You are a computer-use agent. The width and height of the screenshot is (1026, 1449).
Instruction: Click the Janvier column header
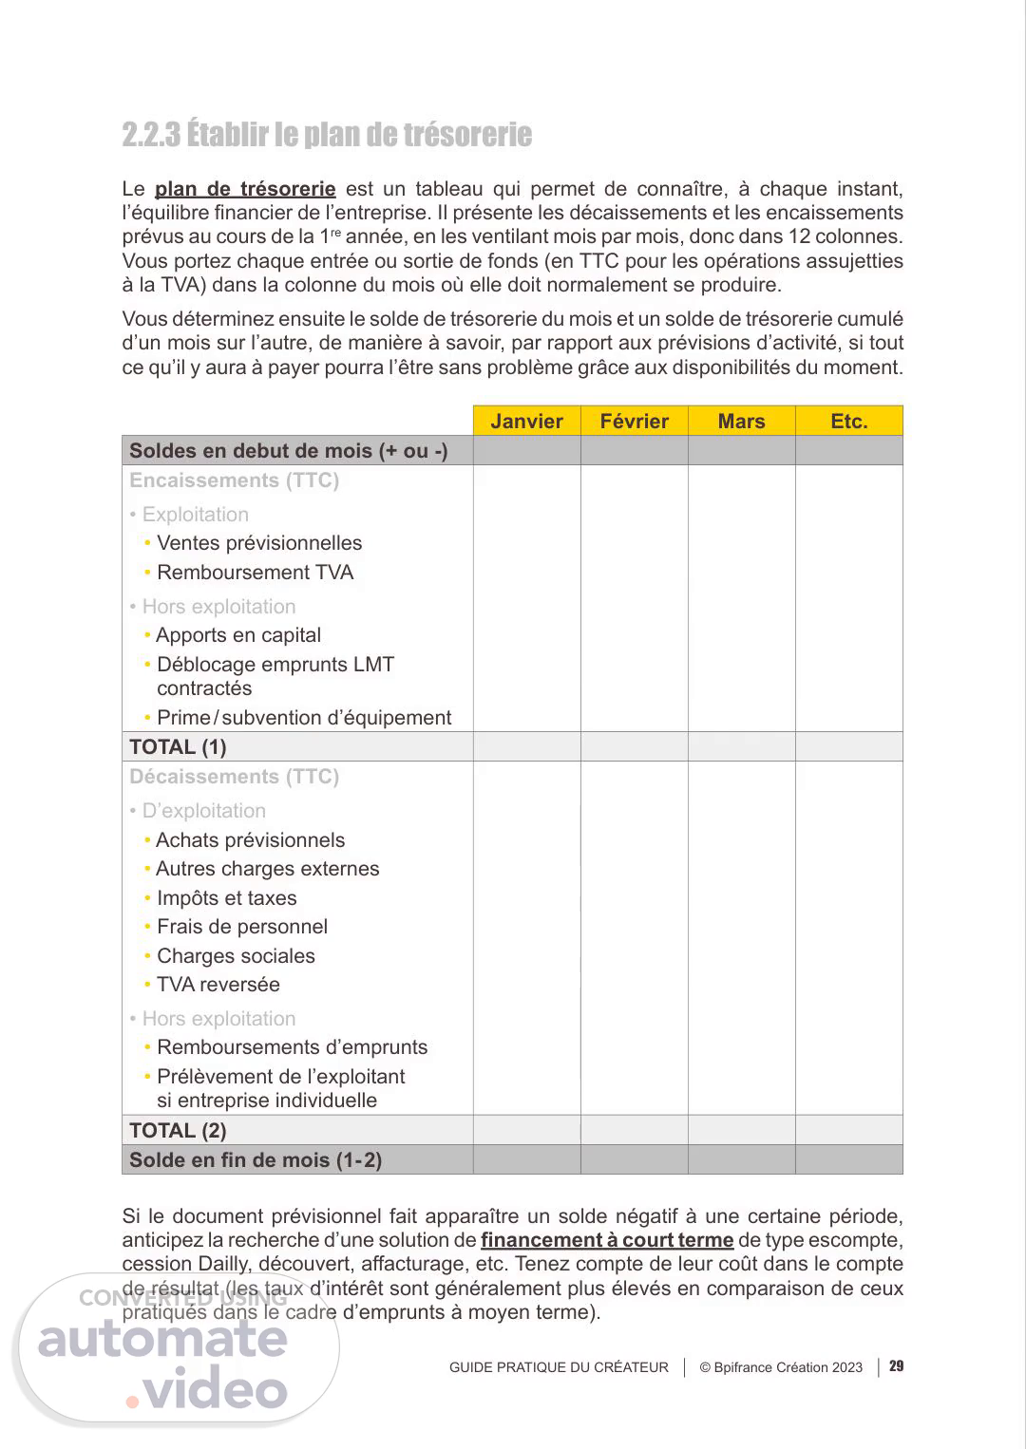(526, 421)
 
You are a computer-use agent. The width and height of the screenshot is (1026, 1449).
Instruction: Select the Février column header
(634, 421)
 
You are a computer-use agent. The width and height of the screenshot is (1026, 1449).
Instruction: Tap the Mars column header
(741, 421)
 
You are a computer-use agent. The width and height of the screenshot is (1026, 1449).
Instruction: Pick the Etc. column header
(848, 421)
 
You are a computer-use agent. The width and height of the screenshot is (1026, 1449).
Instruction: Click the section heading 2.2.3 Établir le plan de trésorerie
(327, 134)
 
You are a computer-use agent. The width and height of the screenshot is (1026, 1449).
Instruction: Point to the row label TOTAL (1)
(178, 747)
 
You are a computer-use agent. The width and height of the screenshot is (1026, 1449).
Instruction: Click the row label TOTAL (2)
(178, 1130)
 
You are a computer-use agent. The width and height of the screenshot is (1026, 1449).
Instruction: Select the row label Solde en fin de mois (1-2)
(256, 1159)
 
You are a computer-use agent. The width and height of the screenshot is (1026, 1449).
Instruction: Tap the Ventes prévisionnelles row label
(259, 543)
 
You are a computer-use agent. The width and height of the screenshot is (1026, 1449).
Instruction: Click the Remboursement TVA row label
(255, 573)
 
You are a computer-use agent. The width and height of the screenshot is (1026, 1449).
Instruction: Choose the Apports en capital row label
(238, 635)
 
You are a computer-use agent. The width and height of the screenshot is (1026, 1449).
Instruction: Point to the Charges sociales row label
(236, 956)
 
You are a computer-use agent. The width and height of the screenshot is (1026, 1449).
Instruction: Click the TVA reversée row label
(218, 985)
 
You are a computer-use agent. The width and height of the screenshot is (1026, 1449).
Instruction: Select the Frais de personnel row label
(242, 927)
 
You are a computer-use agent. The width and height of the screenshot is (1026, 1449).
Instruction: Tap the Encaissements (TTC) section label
(234, 480)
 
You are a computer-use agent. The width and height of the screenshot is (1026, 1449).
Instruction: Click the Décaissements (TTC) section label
(234, 777)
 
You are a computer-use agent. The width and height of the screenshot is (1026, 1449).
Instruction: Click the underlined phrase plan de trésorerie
(245, 189)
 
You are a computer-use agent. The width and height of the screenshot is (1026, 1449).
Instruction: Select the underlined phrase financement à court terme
(607, 1240)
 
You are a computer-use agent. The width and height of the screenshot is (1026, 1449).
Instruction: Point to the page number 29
(896, 1366)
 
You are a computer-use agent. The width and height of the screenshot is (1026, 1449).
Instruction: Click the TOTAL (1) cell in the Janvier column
(526, 747)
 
